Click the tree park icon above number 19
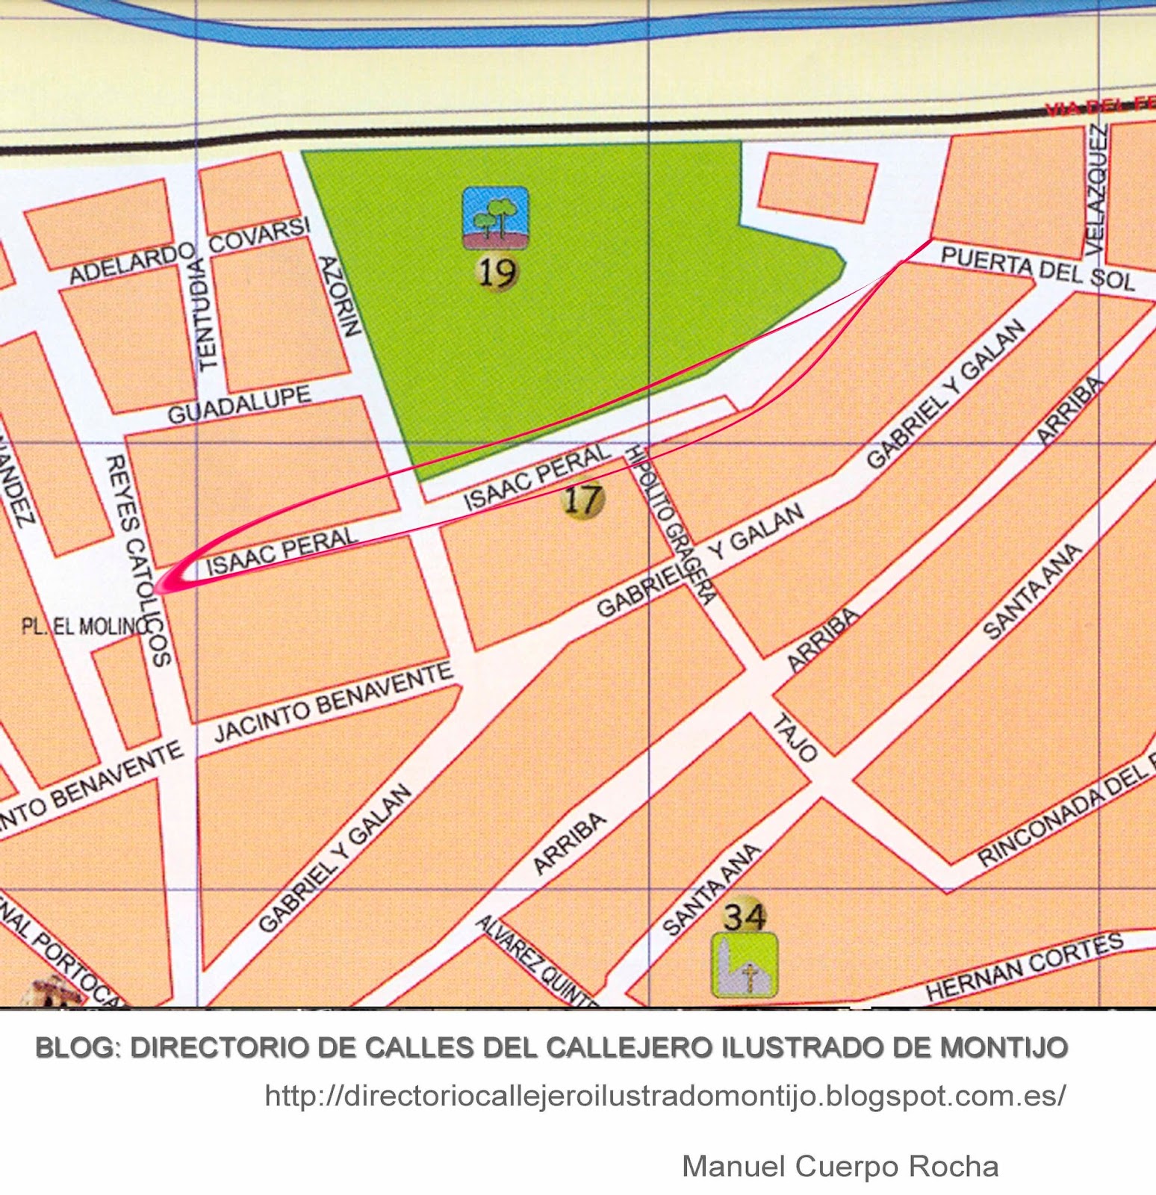(495, 217)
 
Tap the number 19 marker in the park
(497, 273)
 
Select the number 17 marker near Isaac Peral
(582, 499)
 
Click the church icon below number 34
(744, 965)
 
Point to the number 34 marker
(745, 916)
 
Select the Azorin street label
(341, 296)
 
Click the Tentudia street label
(205, 314)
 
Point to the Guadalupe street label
(239, 405)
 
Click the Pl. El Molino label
(84, 626)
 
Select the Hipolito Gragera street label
(673, 524)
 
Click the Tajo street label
(794, 737)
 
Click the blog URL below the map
(665, 1096)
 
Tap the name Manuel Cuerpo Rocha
(840, 1166)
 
